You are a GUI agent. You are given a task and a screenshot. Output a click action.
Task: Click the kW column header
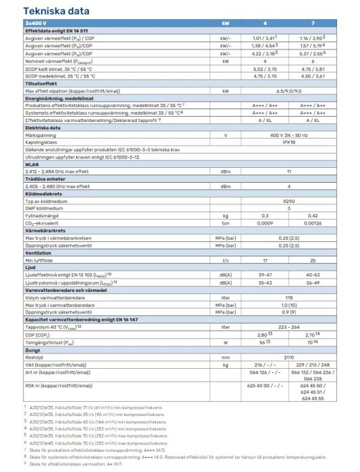point(225,24)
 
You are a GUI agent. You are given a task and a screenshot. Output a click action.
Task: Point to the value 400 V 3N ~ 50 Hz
point(289,134)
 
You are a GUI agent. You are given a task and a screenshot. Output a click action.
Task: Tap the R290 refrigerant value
point(289,201)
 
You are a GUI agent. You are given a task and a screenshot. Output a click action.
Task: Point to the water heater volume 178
point(289,297)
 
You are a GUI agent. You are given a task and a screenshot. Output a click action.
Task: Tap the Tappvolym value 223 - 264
point(289,327)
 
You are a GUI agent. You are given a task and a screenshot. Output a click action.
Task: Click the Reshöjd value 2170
point(289,357)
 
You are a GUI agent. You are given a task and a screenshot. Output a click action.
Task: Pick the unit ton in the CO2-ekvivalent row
point(225,222)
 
